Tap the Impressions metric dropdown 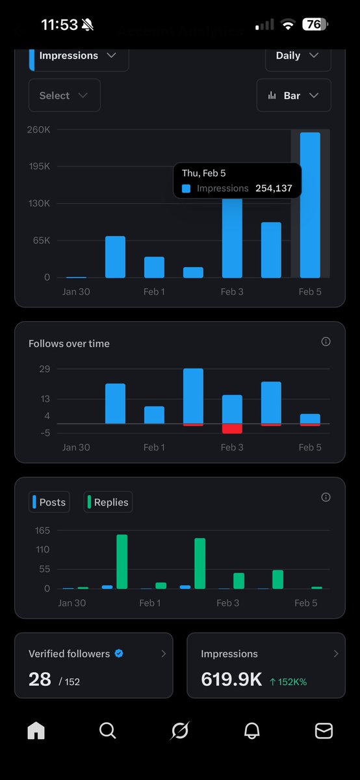[x=78, y=56]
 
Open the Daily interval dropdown [x=298, y=56]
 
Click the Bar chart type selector [x=293, y=96]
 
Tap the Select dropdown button [x=64, y=96]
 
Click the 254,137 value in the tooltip [x=274, y=188]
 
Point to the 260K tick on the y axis [x=38, y=129]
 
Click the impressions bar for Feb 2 [x=193, y=272]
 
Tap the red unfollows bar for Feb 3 [x=232, y=428]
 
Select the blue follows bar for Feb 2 [x=193, y=395]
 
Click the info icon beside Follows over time [x=326, y=342]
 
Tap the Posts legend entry [x=49, y=502]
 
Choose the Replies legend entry [x=108, y=502]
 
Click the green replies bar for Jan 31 [x=122, y=562]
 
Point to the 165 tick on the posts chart [x=42, y=530]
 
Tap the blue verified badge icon [x=119, y=654]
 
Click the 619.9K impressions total [x=231, y=680]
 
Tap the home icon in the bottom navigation [x=36, y=731]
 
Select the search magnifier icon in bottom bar [x=108, y=731]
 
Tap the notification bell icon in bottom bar [x=251, y=731]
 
